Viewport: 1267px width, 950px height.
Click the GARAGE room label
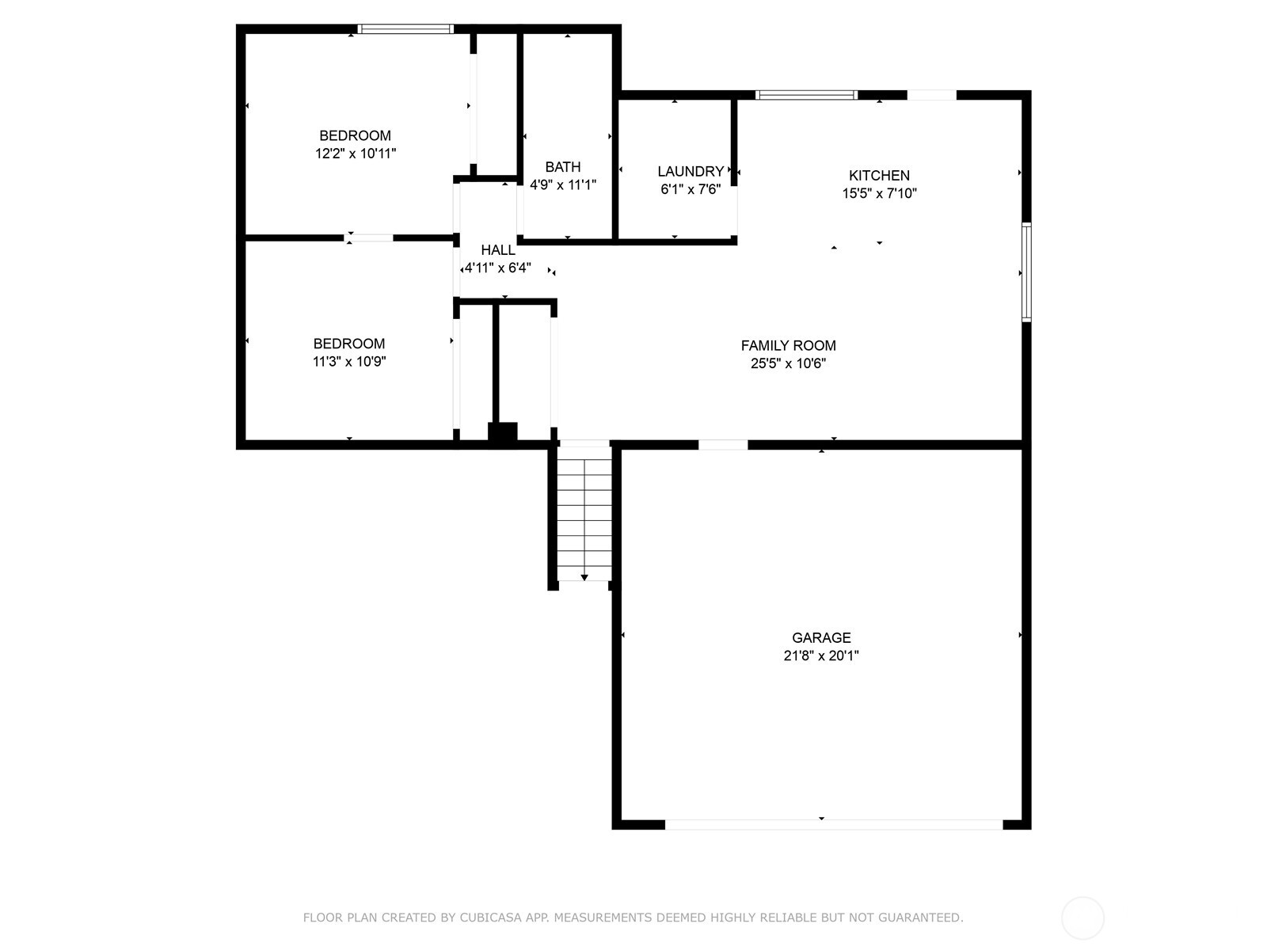coord(821,638)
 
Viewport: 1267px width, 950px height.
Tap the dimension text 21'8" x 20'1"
coord(821,655)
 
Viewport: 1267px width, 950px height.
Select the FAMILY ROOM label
coord(788,346)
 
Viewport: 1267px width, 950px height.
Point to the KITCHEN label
coord(879,176)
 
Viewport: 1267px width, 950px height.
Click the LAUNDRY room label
coord(691,172)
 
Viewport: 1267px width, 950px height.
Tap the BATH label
coord(562,167)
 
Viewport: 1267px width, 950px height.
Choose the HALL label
coord(497,250)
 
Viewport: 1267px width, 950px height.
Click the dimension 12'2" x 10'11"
coord(356,154)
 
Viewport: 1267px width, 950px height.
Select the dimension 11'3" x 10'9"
coord(349,362)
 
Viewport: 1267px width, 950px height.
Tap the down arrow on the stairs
coord(584,578)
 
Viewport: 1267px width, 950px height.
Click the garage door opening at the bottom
coord(833,825)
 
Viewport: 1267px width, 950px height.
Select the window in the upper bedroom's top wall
coord(405,29)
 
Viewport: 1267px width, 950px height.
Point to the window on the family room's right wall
coord(1026,272)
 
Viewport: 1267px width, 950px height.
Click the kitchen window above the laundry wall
coord(806,95)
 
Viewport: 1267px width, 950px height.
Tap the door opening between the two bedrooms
coord(369,237)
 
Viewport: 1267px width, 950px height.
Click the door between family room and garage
coord(722,445)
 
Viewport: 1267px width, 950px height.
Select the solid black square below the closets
coord(502,432)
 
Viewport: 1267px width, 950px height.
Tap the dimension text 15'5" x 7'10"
coord(879,193)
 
